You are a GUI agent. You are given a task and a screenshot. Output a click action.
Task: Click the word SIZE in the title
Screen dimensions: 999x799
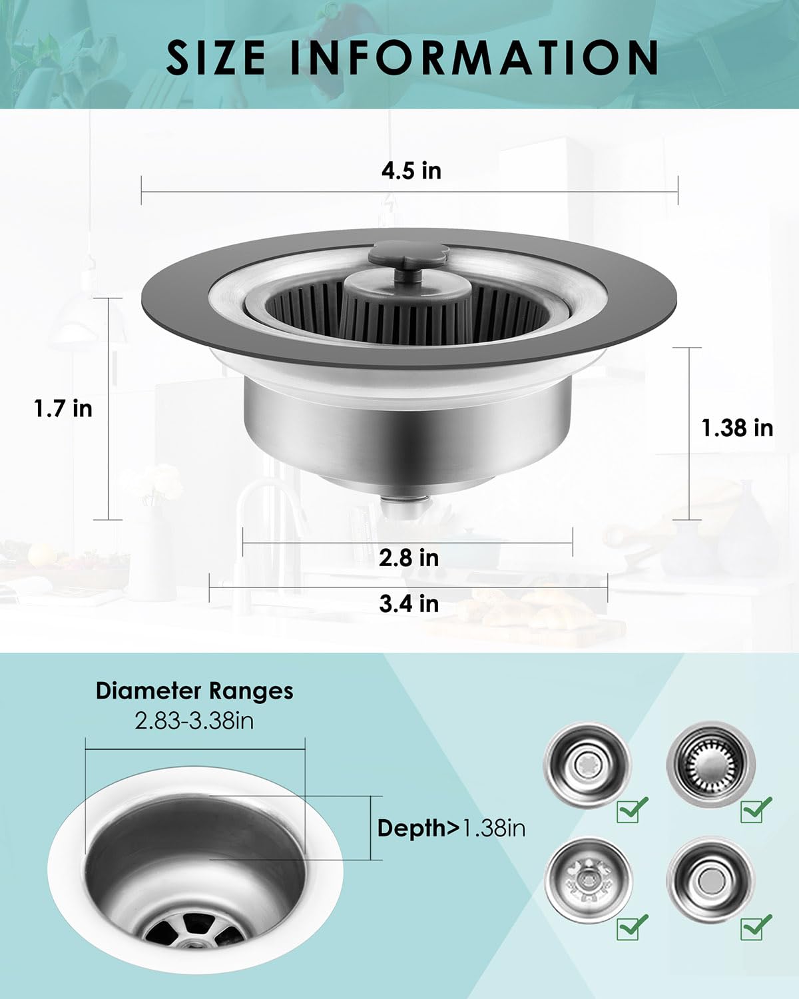[x=216, y=57]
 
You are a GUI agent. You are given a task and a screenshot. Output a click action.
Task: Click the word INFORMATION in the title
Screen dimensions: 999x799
[x=474, y=57]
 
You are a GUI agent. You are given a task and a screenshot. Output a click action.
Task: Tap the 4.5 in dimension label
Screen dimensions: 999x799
[x=411, y=170]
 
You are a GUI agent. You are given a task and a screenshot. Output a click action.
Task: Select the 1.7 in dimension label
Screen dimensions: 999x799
[x=63, y=408]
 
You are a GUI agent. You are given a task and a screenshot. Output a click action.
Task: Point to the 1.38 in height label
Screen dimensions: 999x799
[x=737, y=428]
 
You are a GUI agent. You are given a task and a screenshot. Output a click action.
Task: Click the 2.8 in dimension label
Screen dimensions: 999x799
[x=409, y=557]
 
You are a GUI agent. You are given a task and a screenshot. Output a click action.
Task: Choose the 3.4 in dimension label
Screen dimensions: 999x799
[x=409, y=603]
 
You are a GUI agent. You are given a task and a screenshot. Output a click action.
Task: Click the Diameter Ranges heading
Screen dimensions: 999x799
[x=194, y=691]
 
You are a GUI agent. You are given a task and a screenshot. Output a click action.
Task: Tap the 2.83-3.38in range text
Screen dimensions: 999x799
[x=194, y=721]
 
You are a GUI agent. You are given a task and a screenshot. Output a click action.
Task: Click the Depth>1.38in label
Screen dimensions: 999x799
[x=451, y=828]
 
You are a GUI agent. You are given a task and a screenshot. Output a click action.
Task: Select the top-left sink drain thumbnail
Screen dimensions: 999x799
[x=587, y=762]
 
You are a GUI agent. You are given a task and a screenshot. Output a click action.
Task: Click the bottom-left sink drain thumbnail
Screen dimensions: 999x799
[x=587, y=879]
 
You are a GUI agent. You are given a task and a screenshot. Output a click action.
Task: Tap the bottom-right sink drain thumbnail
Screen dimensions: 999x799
[x=711, y=879]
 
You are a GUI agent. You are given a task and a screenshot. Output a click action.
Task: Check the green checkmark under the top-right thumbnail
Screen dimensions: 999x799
[x=756, y=809]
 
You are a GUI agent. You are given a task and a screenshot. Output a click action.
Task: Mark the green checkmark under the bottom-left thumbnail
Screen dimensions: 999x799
[x=633, y=926]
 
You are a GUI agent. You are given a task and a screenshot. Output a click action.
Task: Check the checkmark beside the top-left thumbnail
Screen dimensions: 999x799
[x=633, y=809]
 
